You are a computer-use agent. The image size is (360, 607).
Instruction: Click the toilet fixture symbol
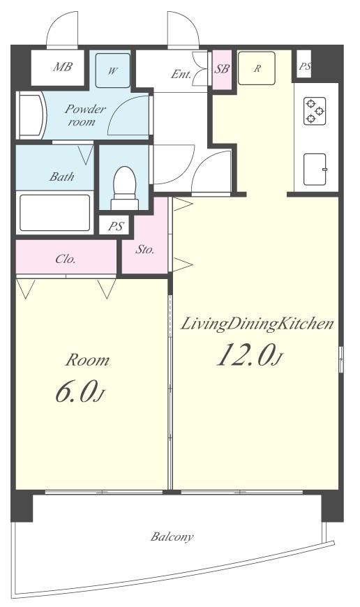pyautogui.click(x=125, y=188)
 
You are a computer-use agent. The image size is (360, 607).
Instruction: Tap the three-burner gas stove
pyautogui.click(x=315, y=111)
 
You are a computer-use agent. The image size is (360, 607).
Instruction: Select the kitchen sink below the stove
pyautogui.click(x=315, y=169)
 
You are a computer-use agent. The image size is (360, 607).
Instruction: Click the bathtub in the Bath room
pyautogui.click(x=55, y=213)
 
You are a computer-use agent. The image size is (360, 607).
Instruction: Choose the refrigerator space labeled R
pyautogui.click(x=257, y=68)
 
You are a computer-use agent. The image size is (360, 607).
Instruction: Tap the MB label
pyautogui.click(x=63, y=66)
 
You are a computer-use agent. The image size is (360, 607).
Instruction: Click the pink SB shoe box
pyautogui.click(x=222, y=69)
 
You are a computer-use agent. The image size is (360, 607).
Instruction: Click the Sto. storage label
pyautogui.click(x=145, y=249)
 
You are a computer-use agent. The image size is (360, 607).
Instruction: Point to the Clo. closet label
pyautogui.click(x=66, y=259)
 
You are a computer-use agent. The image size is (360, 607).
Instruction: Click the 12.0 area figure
pyautogui.click(x=250, y=354)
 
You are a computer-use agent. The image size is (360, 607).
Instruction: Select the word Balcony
pyautogui.click(x=172, y=537)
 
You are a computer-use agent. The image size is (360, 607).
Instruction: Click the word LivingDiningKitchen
pyautogui.click(x=257, y=324)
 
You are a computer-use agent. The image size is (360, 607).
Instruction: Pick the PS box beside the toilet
pyautogui.click(x=116, y=225)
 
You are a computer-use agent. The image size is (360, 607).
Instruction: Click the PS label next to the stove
pyautogui.click(x=305, y=66)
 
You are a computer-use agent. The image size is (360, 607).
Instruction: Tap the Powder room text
pyautogui.click(x=85, y=115)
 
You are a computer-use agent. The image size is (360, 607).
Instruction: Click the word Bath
pyautogui.click(x=61, y=177)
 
